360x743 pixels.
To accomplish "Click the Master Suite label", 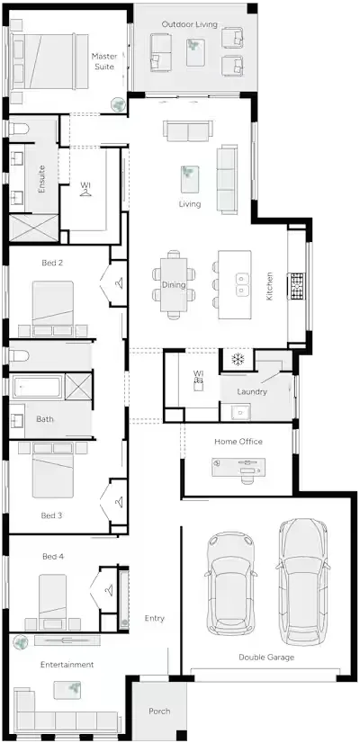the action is click(x=104, y=61).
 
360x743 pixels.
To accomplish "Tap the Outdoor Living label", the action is click(x=190, y=24).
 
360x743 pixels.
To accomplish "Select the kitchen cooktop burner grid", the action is click(x=297, y=286).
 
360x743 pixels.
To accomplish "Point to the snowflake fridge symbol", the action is click(x=238, y=359).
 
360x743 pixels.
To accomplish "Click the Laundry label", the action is click(x=252, y=392).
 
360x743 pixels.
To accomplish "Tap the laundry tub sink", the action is click(x=241, y=412).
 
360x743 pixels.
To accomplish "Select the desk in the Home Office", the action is click(x=238, y=467).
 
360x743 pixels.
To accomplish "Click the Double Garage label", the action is click(x=266, y=658).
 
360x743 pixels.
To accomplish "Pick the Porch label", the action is click(x=159, y=712).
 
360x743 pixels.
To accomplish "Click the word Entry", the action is click(x=155, y=618).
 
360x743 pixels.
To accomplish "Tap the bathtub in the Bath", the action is click(x=37, y=387).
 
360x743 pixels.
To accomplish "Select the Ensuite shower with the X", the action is click(x=34, y=228).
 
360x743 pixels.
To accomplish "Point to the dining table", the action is click(x=174, y=284).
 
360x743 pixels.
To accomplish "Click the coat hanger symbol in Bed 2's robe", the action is click(x=119, y=283).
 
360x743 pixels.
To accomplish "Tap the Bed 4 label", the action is click(x=53, y=556).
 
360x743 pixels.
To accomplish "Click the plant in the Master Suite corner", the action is click(x=118, y=103).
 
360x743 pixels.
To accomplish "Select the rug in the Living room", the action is click(x=190, y=179).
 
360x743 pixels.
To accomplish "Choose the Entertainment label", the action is click(x=67, y=665).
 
